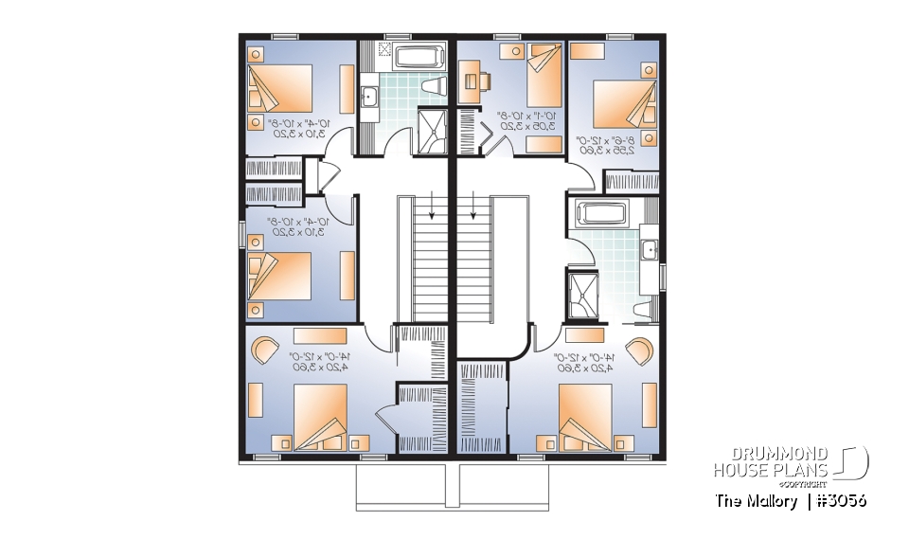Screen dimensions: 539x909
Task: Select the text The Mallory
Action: pyautogui.click(x=757, y=501)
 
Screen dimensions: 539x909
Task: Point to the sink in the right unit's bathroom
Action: pyautogui.click(x=650, y=249)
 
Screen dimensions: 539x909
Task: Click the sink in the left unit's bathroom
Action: pyautogui.click(x=368, y=95)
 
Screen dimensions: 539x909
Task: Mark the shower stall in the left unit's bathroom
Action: pyautogui.click(x=431, y=132)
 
